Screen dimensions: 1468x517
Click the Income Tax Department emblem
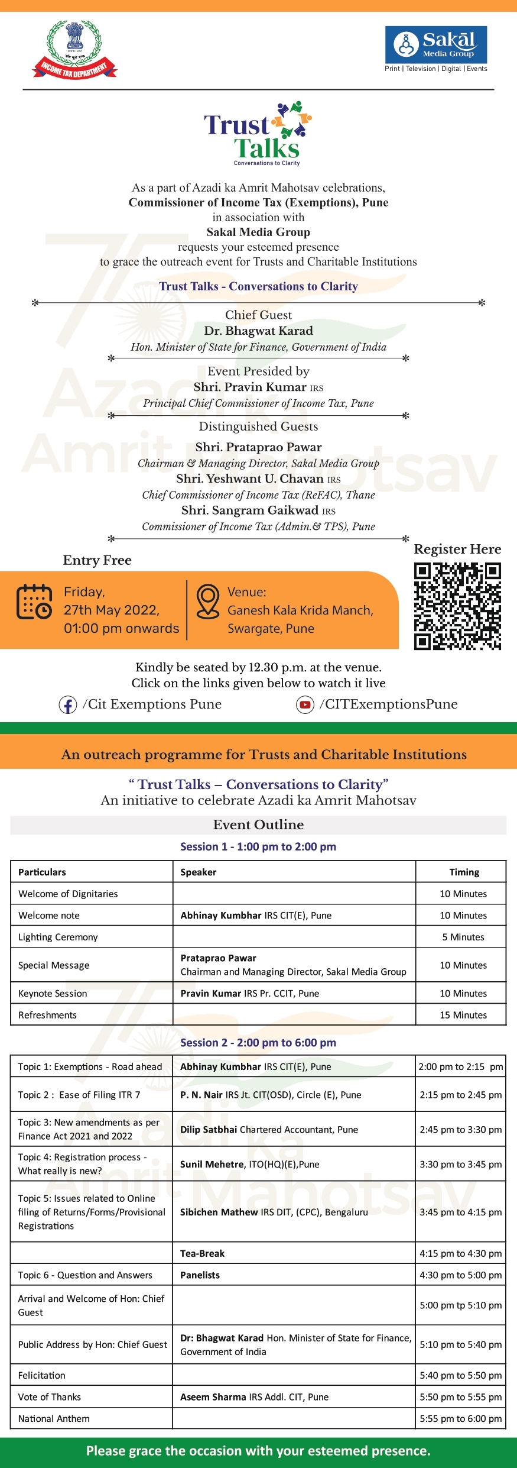(74, 50)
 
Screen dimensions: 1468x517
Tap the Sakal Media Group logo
(436, 45)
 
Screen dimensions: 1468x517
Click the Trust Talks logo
(258, 134)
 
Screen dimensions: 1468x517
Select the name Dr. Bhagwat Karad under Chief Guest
(258, 331)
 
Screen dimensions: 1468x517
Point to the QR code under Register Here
(457, 606)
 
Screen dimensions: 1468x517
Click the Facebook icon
(68, 705)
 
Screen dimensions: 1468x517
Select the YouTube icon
(305, 705)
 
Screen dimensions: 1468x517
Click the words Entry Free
(97, 560)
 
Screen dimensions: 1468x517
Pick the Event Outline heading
(258, 824)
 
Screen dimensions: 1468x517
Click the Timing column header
(464, 872)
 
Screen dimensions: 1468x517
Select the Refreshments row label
(47, 1015)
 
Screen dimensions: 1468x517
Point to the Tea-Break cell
(202, 1253)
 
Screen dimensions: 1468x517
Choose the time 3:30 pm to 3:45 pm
(460, 1164)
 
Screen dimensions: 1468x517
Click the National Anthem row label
(54, 1418)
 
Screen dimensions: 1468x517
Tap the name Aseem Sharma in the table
(213, 1397)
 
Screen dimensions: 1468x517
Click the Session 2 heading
(258, 1043)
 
